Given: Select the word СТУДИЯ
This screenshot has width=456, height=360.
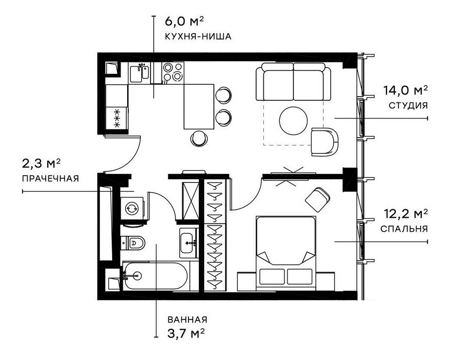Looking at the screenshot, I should point(408,105).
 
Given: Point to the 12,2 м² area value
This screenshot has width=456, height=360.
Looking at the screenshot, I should point(406,213).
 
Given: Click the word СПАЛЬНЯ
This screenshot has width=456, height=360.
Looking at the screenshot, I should point(404,229).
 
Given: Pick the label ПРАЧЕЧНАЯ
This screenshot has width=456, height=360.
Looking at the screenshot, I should point(50,179).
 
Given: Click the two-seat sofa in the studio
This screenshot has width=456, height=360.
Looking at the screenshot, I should point(293,82).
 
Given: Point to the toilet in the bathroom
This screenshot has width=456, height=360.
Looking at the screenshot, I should point(134,242).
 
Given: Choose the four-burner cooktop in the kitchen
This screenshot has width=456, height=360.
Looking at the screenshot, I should point(173,72).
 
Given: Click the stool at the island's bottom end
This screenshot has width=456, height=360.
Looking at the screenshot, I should point(199,138).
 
